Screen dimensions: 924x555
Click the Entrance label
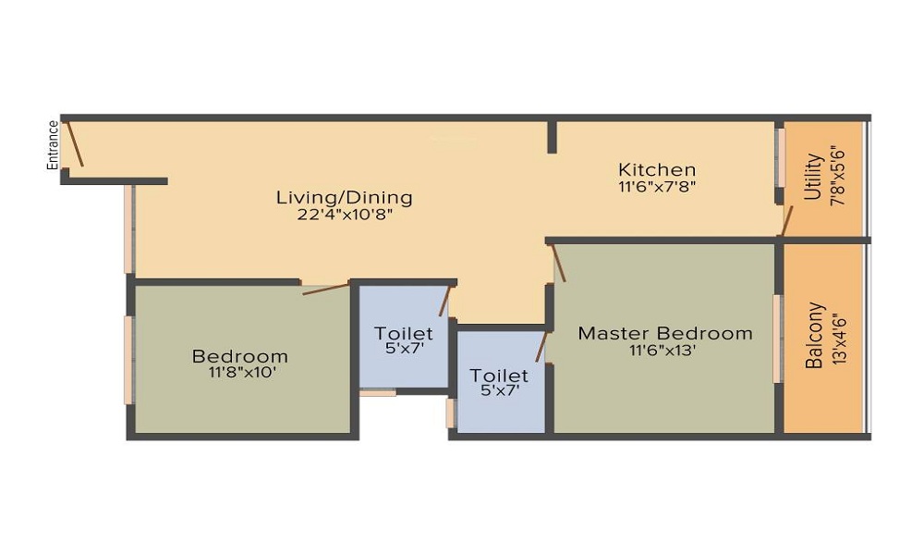[53, 145]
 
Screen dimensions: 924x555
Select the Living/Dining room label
[344, 197]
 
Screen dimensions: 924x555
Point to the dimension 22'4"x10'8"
[345, 215]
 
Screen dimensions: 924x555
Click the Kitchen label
[657, 170]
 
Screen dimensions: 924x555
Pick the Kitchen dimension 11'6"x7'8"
[657, 188]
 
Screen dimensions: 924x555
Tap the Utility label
[813, 177]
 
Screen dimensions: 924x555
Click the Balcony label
[814, 336]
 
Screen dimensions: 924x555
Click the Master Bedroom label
[665, 333]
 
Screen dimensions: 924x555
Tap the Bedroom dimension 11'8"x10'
[241, 373]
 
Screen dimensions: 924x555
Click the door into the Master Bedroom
[557, 263]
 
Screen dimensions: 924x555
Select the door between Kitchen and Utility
[786, 220]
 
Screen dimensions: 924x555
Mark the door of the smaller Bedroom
[326, 289]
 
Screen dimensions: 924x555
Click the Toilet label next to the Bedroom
[404, 334]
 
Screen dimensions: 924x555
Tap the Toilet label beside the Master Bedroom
[499, 376]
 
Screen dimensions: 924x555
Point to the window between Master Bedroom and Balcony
[778, 339]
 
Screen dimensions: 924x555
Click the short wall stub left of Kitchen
[553, 137]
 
